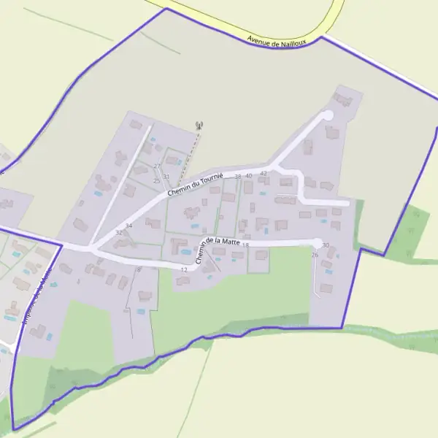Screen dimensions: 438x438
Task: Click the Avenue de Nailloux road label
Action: pos(277,41)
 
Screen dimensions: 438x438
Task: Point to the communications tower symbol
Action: pos(199,126)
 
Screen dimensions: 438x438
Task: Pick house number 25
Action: pos(156,180)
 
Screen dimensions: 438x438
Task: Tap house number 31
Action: pos(166,177)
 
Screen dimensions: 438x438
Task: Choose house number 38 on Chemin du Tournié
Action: pos(238,177)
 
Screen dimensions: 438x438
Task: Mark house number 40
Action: pos(249,176)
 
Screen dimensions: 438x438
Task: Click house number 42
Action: pos(264,173)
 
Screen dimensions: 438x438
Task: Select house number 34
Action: pos(128,226)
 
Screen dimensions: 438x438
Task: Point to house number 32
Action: pos(119,233)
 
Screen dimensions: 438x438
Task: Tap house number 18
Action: pos(246,245)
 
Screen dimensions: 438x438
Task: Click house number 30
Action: pos(326,245)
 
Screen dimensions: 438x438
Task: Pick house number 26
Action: pos(315,255)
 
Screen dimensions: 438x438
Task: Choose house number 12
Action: pos(184,269)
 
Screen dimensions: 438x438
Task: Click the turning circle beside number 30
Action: pos(317,242)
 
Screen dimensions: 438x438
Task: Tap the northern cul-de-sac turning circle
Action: pos(327,115)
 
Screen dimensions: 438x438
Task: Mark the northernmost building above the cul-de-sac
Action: pos(343,99)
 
